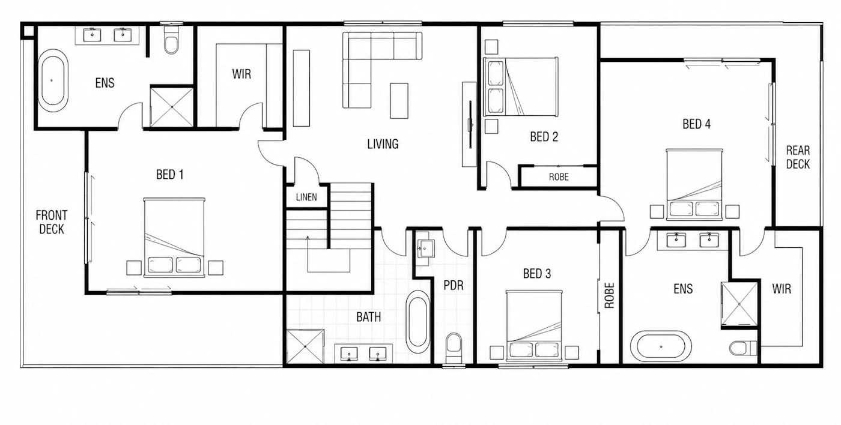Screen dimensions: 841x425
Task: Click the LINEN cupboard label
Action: point(306,197)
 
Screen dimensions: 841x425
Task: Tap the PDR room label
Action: point(454,286)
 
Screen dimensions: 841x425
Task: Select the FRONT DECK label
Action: point(52,222)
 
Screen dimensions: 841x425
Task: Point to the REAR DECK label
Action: point(798,157)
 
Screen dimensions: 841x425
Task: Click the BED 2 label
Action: point(544,137)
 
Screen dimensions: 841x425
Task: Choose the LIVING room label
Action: point(383,144)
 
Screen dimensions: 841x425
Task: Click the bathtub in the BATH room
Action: point(418,322)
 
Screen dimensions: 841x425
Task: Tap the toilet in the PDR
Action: point(454,348)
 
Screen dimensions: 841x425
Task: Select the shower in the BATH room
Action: point(305,346)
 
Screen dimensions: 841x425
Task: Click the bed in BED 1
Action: point(174,238)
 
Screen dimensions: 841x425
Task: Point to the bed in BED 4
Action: point(694,184)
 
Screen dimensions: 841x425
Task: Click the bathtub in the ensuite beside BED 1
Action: point(53,80)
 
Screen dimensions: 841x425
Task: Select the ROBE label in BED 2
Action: point(559,177)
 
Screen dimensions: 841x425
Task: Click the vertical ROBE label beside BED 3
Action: point(609,295)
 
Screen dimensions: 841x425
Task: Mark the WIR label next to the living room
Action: point(241,74)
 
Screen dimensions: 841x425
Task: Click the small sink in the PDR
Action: point(425,249)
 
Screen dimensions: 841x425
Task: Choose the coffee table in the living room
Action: point(399,101)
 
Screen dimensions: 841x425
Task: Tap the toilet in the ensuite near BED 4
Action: point(743,348)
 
